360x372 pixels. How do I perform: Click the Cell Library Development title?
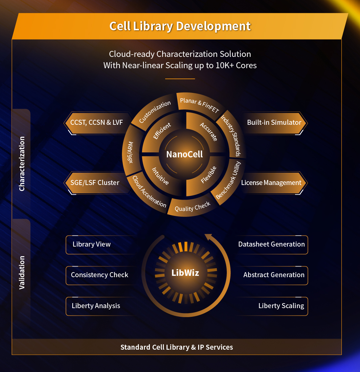click(180, 26)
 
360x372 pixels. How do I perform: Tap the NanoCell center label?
click(184, 154)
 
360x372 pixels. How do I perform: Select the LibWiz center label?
click(185, 273)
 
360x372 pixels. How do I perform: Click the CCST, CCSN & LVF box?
click(97, 122)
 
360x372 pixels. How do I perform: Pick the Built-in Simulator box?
click(274, 122)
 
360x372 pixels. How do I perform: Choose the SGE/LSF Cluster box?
click(95, 183)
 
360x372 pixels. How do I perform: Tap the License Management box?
click(271, 183)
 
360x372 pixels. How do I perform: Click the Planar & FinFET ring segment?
click(199, 104)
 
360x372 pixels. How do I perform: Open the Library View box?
click(92, 244)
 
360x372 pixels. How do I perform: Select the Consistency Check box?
click(100, 275)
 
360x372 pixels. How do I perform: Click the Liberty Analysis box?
click(96, 306)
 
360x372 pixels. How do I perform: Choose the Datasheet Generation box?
click(271, 244)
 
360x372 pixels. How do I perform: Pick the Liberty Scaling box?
click(281, 306)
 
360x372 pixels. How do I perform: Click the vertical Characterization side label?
click(22, 163)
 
